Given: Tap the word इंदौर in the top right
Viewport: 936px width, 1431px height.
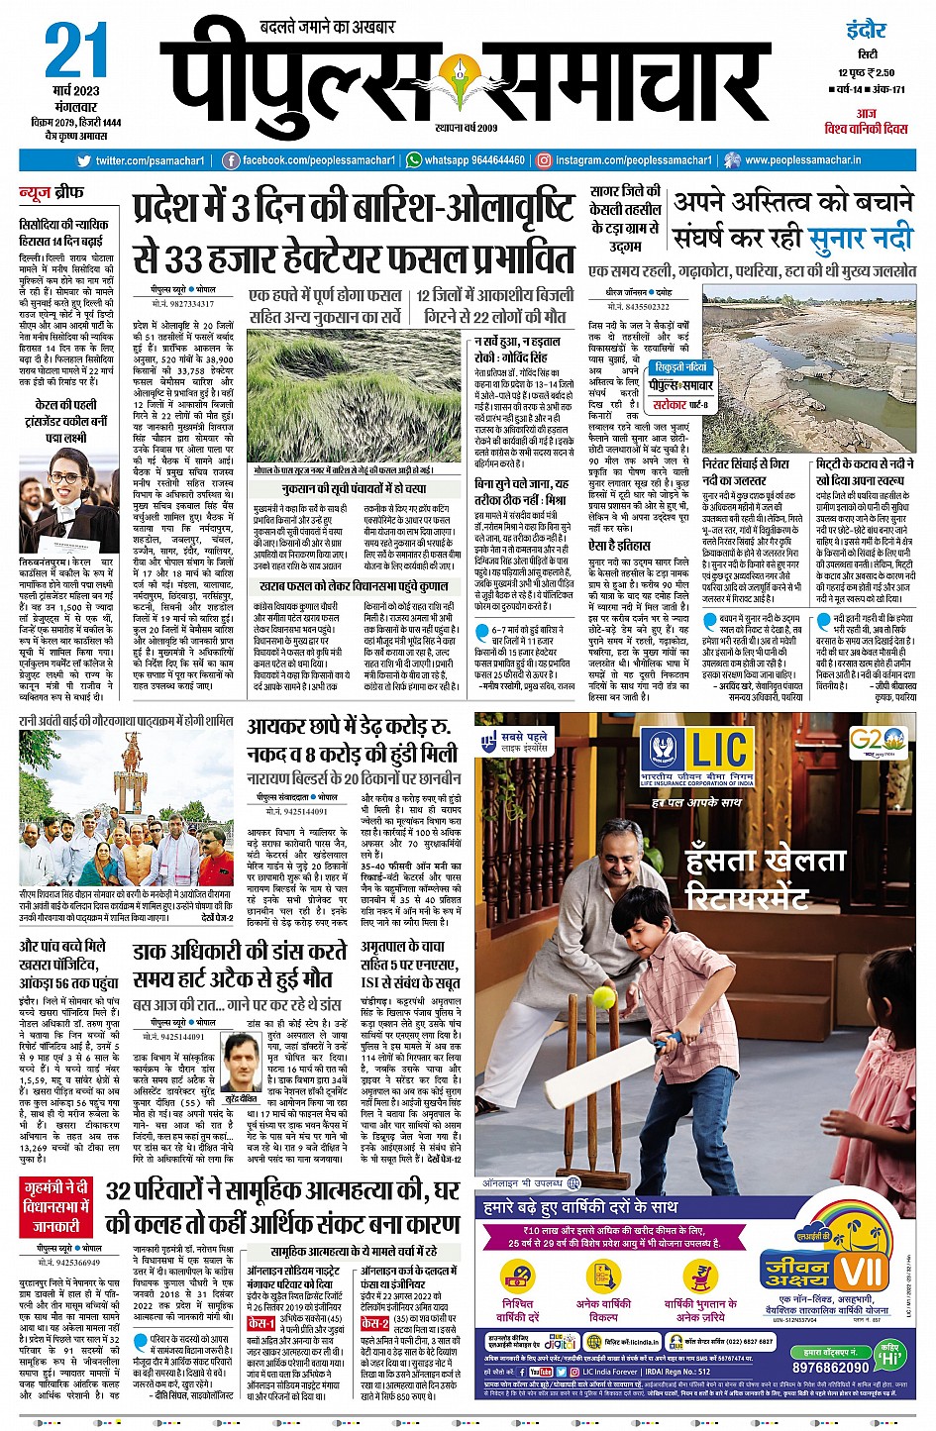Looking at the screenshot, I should (866, 30).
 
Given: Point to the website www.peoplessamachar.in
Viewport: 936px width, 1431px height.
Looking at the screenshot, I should (802, 160).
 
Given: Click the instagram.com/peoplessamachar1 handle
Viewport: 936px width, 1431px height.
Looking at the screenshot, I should (624, 160).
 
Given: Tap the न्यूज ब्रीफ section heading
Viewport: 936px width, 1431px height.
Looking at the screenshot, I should (52, 191).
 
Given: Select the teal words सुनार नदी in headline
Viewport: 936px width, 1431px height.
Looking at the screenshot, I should (859, 239).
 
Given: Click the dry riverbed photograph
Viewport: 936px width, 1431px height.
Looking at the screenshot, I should (807, 366).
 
